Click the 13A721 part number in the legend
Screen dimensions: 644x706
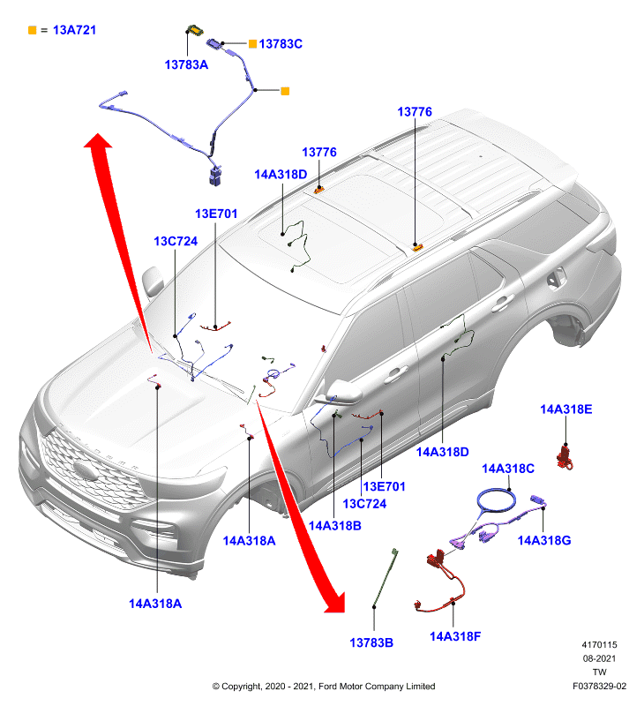tap(74, 30)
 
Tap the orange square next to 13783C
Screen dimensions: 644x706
tap(252, 43)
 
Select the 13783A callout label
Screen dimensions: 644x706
tap(186, 64)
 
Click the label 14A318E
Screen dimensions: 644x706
tap(565, 409)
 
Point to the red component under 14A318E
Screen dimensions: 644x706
tap(565, 457)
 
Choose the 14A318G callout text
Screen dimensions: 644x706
tap(544, 540)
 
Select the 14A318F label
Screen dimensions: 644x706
tap(455, 636)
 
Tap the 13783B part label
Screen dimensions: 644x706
tap(371, 642)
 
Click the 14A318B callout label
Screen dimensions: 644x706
tap(335, 525)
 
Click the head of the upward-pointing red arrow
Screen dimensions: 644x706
tap(98, 141)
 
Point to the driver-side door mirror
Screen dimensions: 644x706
tap(344, 392)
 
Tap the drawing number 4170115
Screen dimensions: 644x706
tap(599, 645)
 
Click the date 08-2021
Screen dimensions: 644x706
tap(599, 658)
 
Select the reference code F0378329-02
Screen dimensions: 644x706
tap(599, 687)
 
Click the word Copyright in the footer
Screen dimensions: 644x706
tap(243, 687)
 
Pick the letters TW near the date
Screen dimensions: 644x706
tap(599, 672)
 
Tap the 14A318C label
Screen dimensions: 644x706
tap(508, 469)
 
